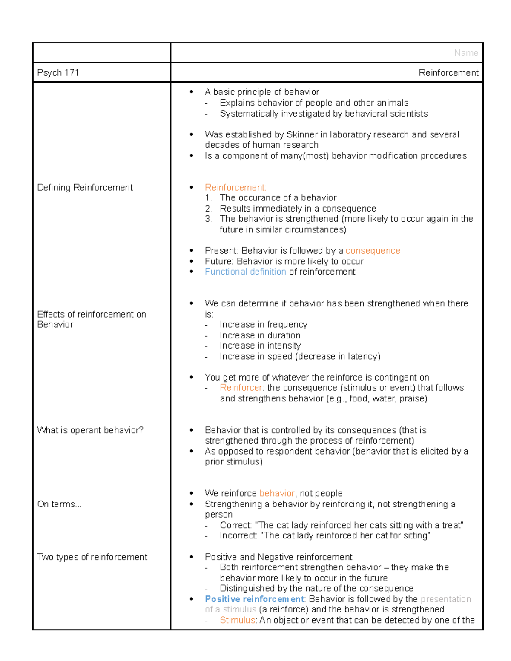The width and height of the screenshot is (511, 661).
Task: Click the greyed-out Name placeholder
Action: click(466, 53)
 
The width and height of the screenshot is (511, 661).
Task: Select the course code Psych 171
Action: click(58, 73)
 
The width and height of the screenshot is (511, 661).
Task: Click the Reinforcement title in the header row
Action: click(448, 73)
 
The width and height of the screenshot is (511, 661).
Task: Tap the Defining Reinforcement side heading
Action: click(85, 187)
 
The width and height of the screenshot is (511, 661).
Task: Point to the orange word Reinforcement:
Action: click(235, 187)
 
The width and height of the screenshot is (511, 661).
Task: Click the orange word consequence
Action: click(373, 251)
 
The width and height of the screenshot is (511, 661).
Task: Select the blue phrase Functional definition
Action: click(245, 272)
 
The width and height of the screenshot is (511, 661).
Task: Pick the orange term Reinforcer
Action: click(241, 388)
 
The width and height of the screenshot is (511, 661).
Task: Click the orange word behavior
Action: click(277, 493)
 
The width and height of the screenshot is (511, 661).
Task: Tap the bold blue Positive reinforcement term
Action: click(254, 599)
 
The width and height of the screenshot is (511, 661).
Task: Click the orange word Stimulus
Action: click(237, 620)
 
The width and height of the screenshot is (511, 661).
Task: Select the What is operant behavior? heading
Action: click(90, 430)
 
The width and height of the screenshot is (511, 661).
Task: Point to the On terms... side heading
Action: click(59, 504)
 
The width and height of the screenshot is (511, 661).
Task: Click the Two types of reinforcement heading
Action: click(92, 557)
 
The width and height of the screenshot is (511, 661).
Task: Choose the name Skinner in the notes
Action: click(302, 134)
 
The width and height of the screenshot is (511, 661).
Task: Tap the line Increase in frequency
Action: click(263, 325)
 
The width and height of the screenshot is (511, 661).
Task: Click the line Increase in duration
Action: click(260, 335)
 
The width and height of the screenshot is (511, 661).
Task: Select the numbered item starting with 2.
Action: click(298, 209)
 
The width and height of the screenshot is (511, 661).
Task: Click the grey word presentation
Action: click(445, 599)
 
